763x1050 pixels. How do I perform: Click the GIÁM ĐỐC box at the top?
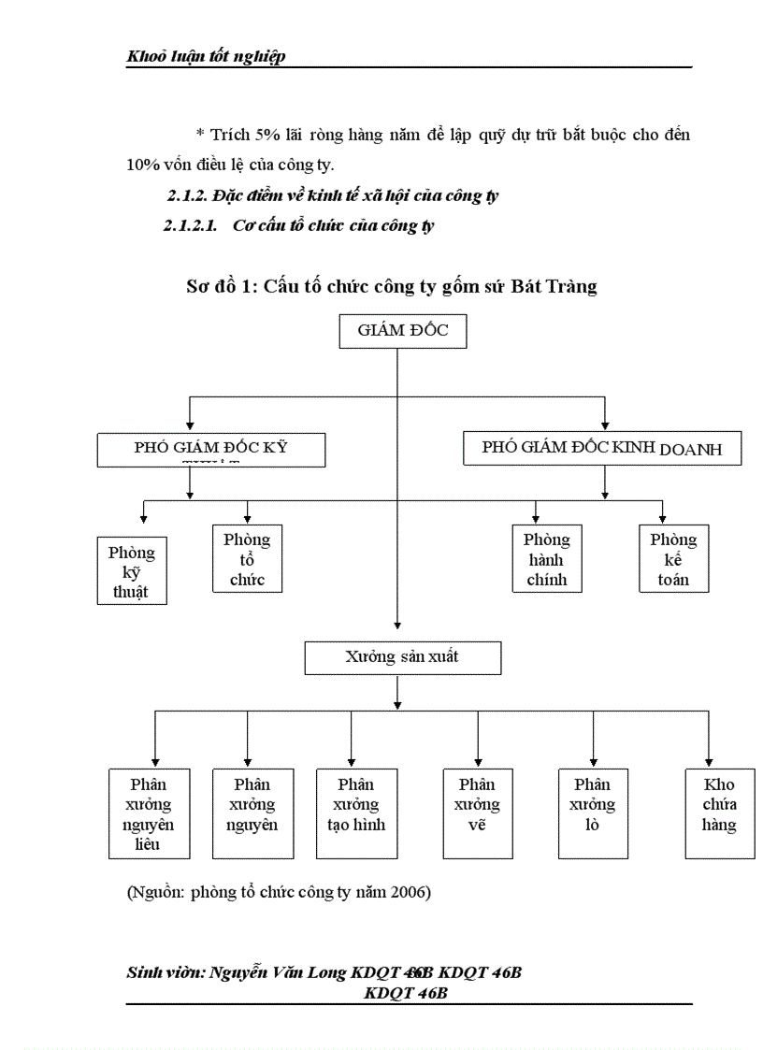(x=402, y=332)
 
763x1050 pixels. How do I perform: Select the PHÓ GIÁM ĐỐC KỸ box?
(x=210, y=450)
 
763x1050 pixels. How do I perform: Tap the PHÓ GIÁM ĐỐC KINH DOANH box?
(x=603, y=449)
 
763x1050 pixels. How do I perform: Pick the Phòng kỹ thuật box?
(x=132, y=570)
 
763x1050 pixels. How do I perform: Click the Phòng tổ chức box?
(x=247, y=559)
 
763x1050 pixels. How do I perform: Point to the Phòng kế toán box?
(x=673, y=559)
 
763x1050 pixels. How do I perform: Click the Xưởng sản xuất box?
(x=402, y=658)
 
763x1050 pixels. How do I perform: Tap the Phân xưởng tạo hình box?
(x=356, y=813)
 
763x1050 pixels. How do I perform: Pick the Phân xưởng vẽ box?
(x=477, y=813)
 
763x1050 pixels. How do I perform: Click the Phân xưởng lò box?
(x=593, y=813)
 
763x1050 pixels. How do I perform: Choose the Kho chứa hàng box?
(x=719, y=813)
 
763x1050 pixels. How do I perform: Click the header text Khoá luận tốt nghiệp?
(x=206, y=57)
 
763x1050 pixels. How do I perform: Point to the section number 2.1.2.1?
(x=190, y=226)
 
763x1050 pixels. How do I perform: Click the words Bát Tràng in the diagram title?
(x=554, y=287)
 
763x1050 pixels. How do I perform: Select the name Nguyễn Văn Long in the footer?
(x=279, y=973)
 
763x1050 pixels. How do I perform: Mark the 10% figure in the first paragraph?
(x=142, y=165)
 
